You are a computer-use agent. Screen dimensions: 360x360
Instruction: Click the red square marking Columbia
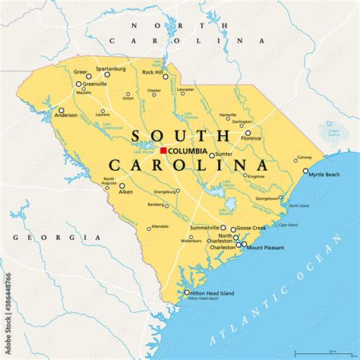click(x=163, y=150)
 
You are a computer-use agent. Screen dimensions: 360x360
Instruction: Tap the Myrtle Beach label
click(x=324, y=174)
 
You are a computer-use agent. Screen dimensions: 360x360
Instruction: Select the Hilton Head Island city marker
click(x=187, y=292)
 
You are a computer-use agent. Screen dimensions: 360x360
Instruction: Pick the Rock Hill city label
click(x=153, y=72)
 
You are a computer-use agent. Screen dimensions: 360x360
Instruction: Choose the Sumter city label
click(x=224, y=153)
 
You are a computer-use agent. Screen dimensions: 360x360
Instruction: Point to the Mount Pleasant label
click(x=264, y=246)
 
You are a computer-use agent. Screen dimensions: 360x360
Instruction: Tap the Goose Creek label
click(x=251, y=227)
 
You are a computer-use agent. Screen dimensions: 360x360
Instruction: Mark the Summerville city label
click(x=204, y=227)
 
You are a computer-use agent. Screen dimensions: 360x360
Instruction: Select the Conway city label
click(x=304, y=158)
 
